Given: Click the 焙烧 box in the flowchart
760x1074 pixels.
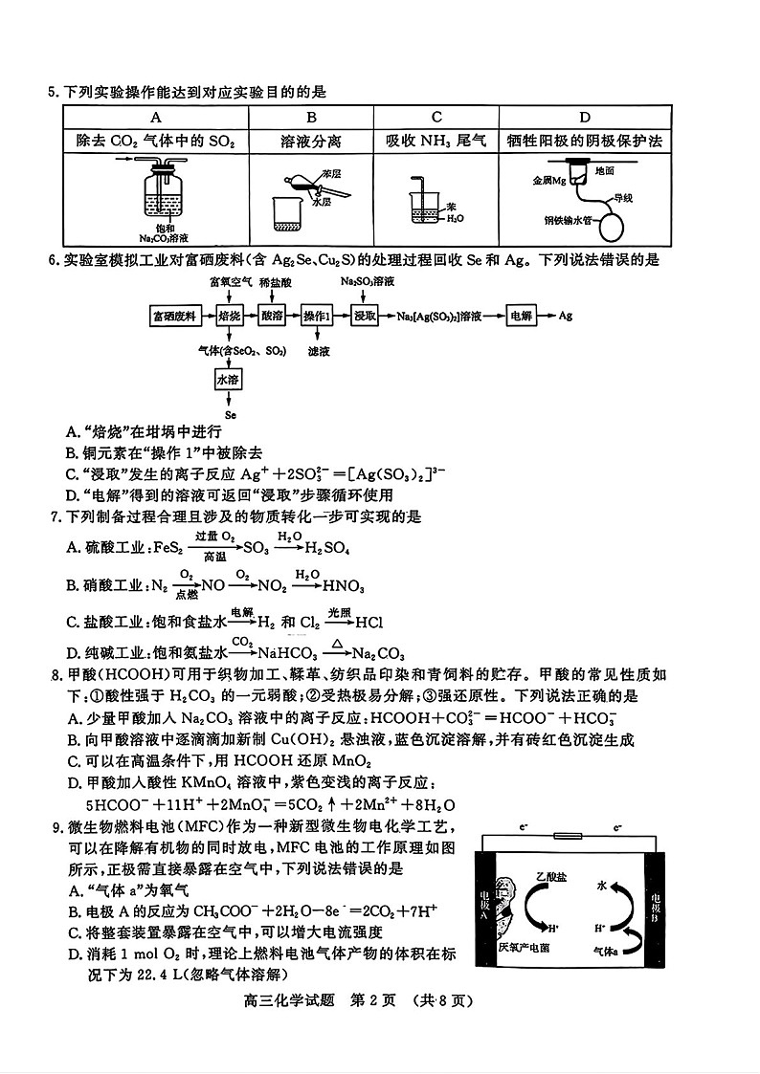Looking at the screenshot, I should [x=230, y=315].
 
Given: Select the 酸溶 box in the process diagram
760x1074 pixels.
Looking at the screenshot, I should [x=272, y=315].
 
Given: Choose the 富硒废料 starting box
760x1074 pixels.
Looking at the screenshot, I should [x=175, y=315].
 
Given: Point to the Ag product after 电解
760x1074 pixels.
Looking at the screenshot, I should [x=566, y=315].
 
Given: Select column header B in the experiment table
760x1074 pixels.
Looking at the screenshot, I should [x=311, y=117].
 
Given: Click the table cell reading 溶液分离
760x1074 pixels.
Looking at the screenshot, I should [x=311, y=141].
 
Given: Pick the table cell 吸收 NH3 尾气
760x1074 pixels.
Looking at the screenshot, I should [x=436, y=141].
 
